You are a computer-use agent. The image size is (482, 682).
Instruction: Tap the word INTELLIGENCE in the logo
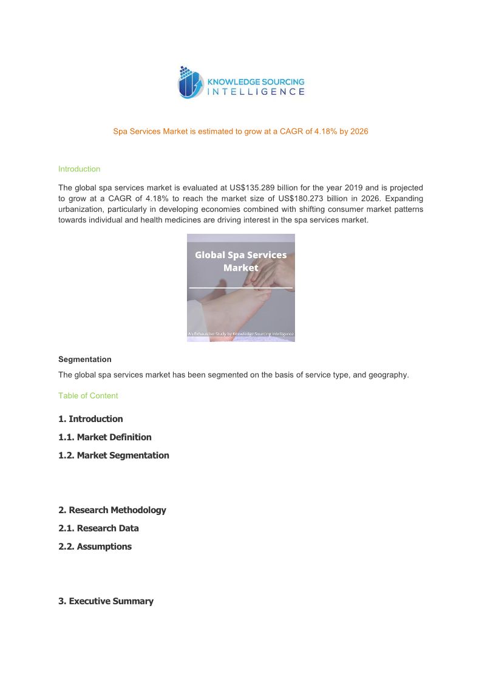point(256,92)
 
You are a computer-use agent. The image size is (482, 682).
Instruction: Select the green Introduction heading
point(79,169)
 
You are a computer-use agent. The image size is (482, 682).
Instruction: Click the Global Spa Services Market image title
point(240,261)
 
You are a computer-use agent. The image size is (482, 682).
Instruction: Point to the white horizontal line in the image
point(240,287)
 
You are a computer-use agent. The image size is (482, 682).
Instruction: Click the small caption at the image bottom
point(240,333)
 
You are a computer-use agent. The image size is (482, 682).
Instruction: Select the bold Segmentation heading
point(84,360)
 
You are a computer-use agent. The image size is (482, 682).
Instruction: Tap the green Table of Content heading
point(88,396)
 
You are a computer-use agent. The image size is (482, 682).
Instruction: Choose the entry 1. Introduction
point(90,419)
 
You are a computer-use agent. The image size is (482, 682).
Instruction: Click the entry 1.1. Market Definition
point(104,437)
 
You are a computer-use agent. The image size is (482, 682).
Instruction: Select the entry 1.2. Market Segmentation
point(114,455)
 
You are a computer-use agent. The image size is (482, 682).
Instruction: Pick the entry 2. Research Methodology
point(112,510)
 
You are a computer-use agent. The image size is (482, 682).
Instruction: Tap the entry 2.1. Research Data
point(98,528)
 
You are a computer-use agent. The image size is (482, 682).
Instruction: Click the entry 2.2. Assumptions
point(95,547)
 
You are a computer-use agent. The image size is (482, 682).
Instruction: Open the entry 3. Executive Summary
point(106,601)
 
